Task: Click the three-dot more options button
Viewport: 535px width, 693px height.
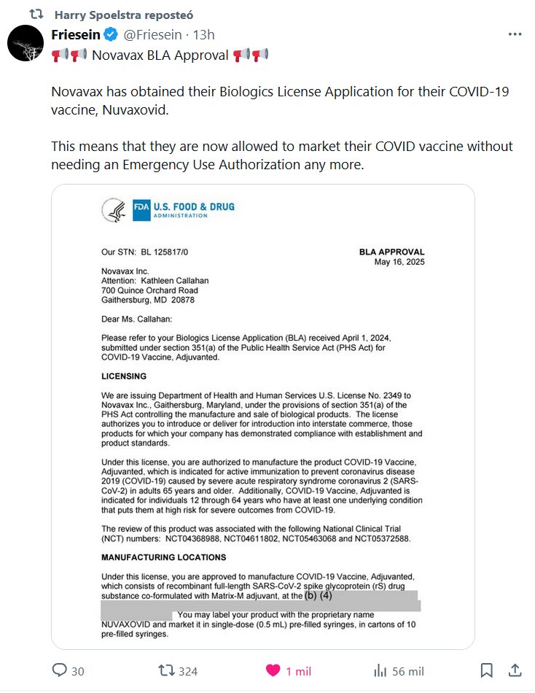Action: (x=515, y=34)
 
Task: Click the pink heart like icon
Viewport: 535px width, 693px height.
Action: (x=273, y=670)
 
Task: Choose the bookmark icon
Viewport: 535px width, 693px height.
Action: (x=487, y=670)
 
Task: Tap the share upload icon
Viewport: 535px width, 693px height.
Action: (x=515, y=670)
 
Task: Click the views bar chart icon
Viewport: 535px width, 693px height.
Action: (x=380, y=670)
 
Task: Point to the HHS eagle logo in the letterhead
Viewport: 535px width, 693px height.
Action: (x=115, y=211)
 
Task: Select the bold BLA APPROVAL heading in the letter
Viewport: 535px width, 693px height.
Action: (x=391, y=252)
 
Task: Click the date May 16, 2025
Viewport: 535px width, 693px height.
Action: (x=399, y=262)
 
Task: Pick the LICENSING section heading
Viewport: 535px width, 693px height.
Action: (x=124, y=376)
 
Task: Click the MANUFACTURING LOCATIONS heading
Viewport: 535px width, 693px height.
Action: (x=163, y=557)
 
